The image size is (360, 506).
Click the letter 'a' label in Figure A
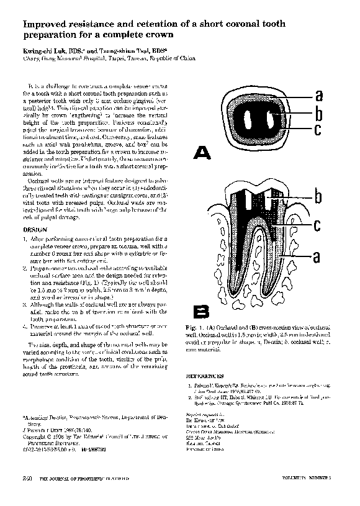click(x=318, y=95)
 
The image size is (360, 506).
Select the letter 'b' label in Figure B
click(x=318, y=197)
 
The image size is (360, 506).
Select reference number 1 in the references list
click(x=190, y=385)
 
